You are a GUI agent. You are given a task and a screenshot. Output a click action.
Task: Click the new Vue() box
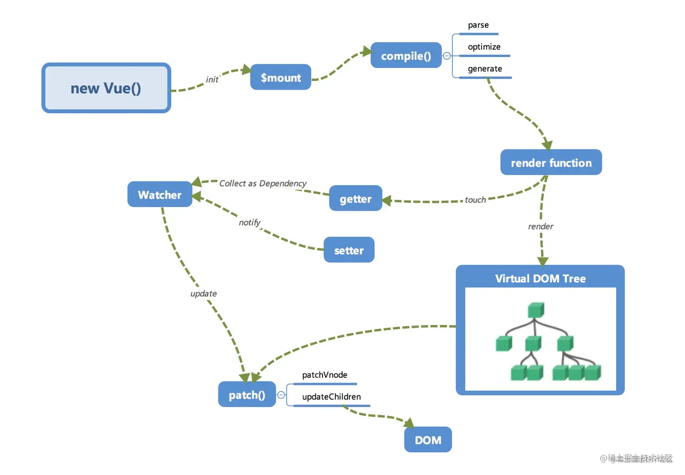[106, 88]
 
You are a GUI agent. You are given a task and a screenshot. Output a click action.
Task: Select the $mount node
[280, 77]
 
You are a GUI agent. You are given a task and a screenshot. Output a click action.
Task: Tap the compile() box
[405, 56]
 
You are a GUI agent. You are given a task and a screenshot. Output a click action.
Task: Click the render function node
[551, 163]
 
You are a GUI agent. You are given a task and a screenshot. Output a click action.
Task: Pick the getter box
[355, 199]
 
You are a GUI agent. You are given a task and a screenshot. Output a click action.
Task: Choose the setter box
[349, 250]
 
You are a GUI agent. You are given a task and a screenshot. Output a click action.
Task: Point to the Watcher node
[159, 195]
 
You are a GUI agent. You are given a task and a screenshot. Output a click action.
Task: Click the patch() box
[246, 395]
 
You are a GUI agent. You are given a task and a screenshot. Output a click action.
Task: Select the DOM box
[428, 440]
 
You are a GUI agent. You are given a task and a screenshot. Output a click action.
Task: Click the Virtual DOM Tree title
[540, 278]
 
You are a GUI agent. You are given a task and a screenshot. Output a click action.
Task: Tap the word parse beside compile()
[478, 25]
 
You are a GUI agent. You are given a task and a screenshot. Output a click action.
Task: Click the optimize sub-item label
[484, 47]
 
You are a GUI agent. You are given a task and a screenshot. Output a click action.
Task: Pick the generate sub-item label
[485, 69]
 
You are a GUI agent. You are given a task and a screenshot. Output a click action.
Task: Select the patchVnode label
[324, 375]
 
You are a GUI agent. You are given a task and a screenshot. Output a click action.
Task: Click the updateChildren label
[331, 397]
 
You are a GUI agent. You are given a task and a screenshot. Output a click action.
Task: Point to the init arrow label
[212, 80]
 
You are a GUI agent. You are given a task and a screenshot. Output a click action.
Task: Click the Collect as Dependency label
[263, 183]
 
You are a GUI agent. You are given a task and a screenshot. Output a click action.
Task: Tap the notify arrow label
[249, 222]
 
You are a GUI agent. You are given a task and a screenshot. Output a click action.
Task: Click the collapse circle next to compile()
[447, 56]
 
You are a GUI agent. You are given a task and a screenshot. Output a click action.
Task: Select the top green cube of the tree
[535, 310]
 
